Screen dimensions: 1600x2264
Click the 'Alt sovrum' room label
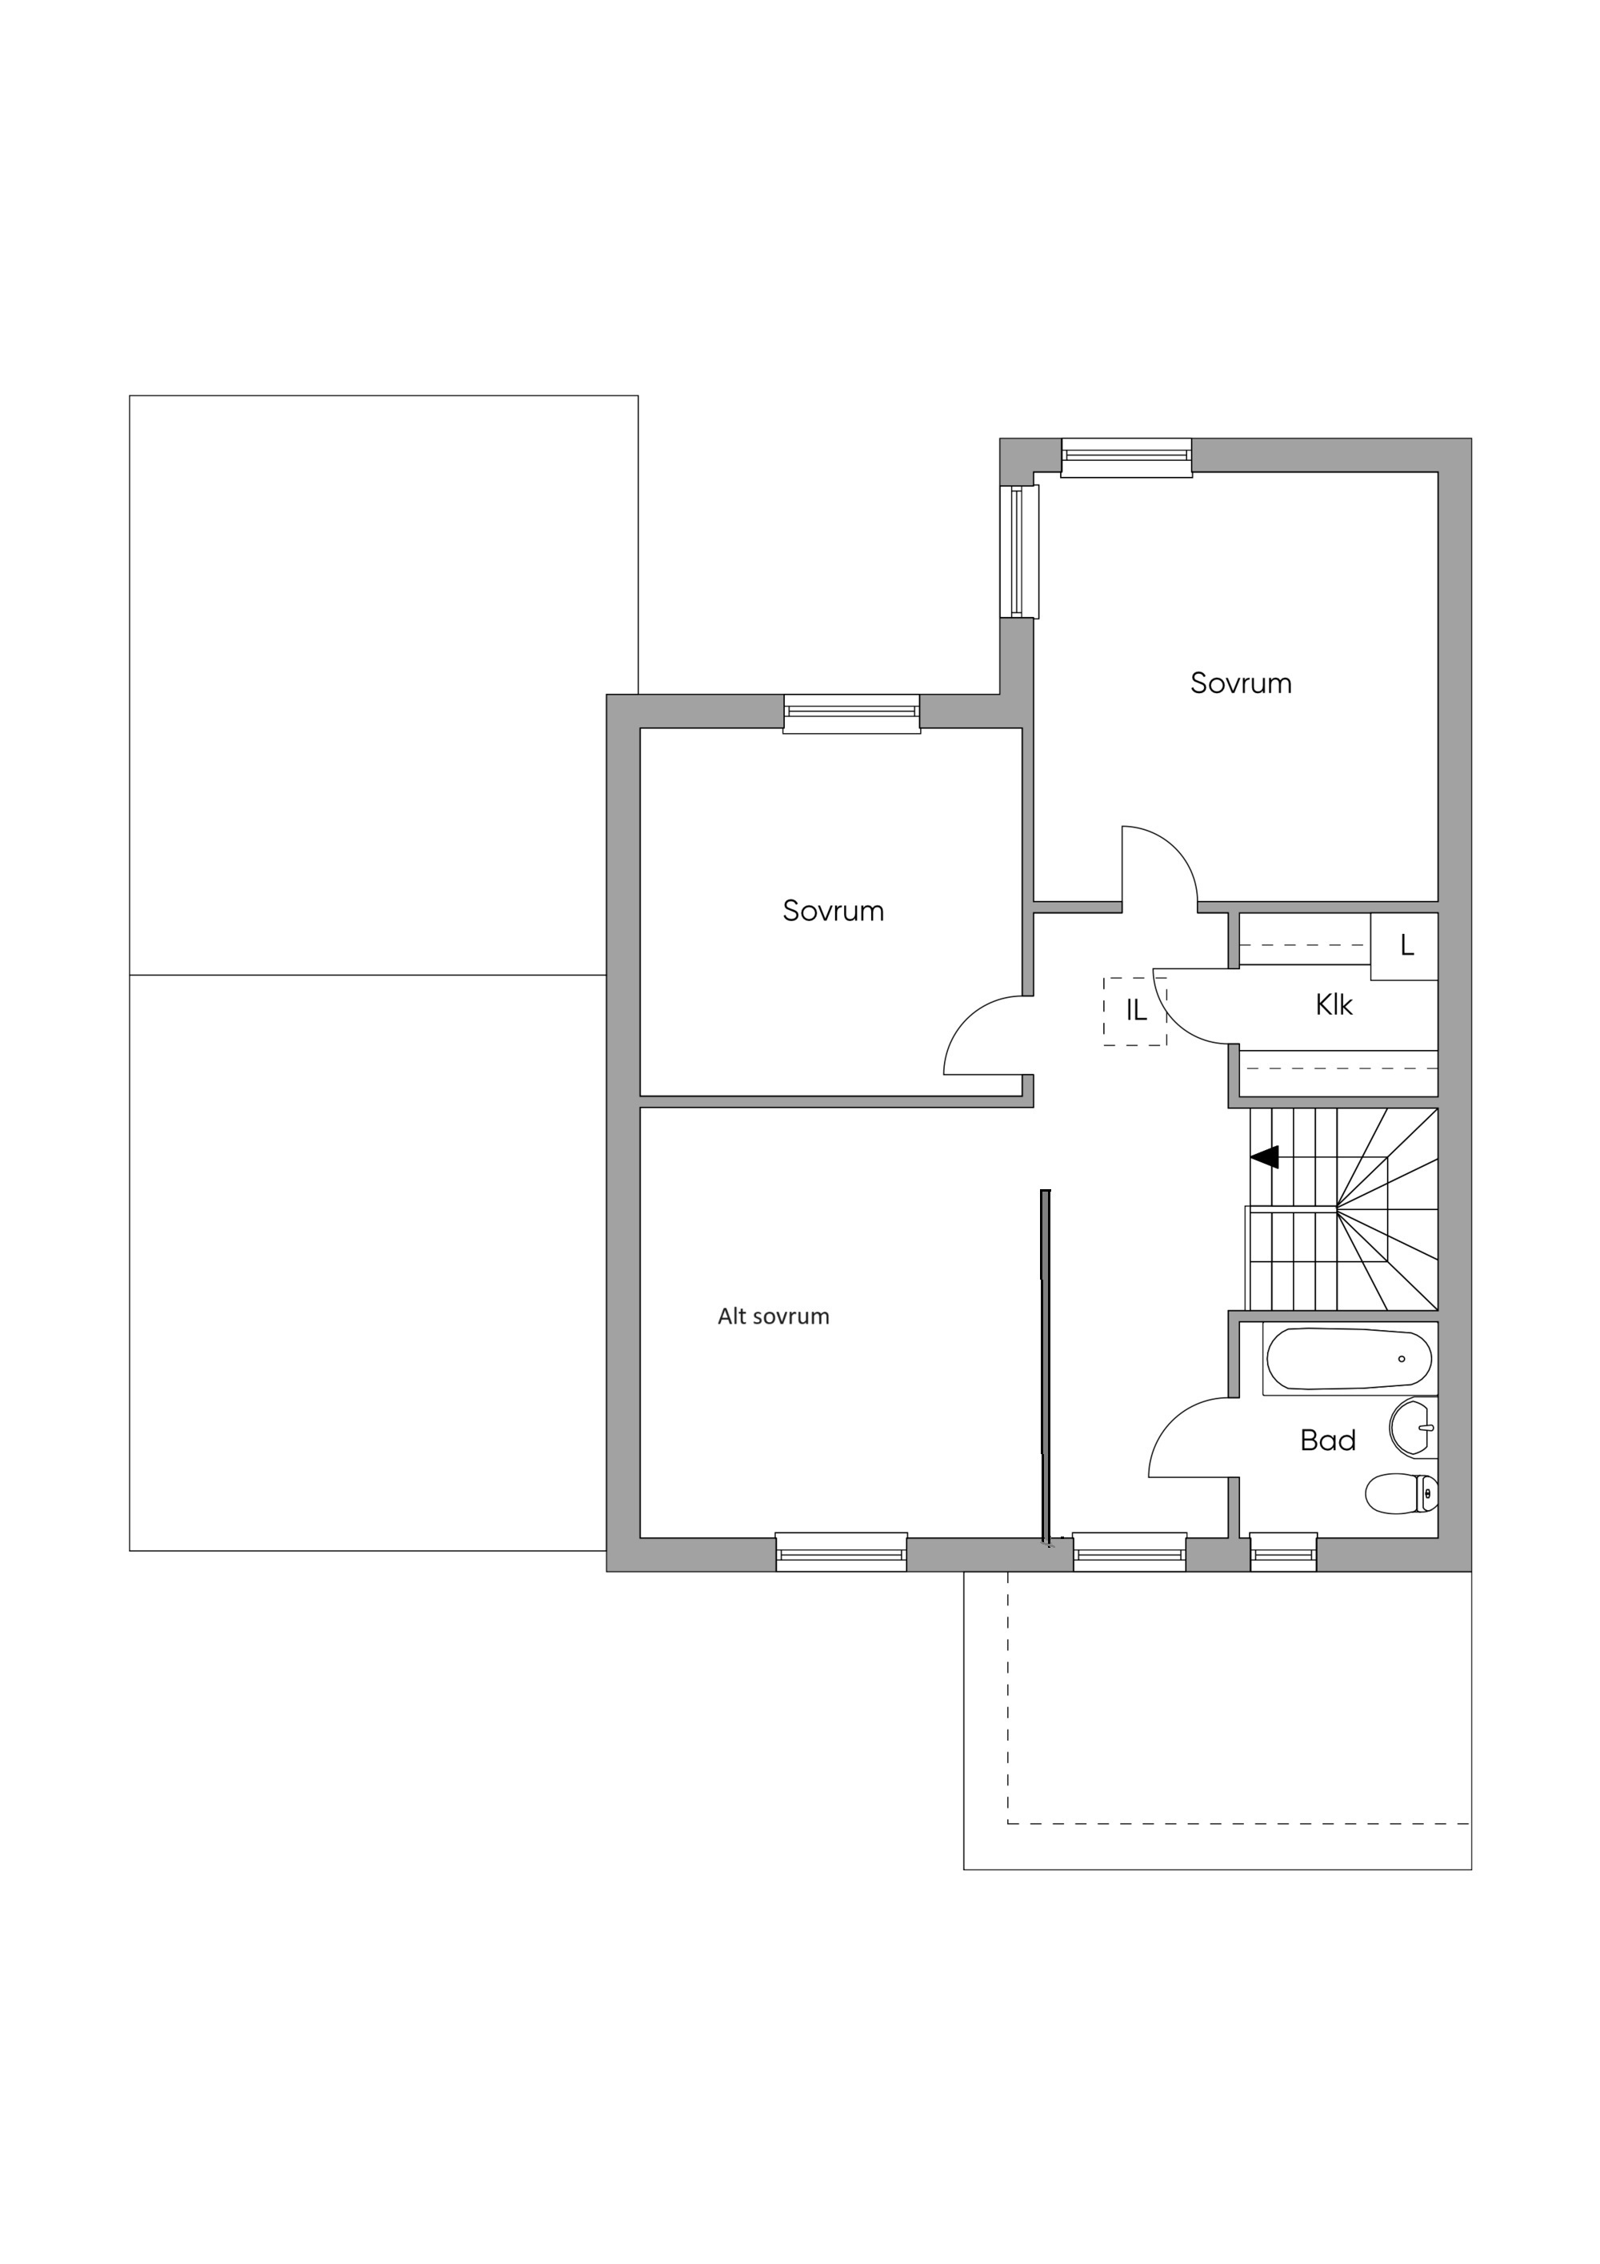(x=773, y=1316)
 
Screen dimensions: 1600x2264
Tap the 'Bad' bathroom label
(x=1328, y=1441)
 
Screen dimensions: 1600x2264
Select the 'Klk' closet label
(x=1334, y=1005)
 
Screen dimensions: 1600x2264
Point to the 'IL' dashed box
(x=1134, y=1011)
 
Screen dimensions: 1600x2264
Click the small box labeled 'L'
(x=1405, y=946)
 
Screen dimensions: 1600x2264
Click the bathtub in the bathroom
(x=1349, y=1359)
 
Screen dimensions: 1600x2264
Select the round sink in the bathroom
(x=1414, y=1428)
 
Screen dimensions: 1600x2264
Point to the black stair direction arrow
(x=1265, y=1156)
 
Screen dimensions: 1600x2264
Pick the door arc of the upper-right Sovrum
(x=1175, y=846)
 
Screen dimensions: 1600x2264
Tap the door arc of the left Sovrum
(x=963, y=1021)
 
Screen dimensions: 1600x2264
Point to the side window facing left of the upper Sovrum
(x=1019, y=551)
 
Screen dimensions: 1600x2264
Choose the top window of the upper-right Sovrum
(x=1126, y=458)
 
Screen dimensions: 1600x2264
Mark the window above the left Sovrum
(x=852, y=714)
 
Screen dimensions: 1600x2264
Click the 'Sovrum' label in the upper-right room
(x=1240, y=683)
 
